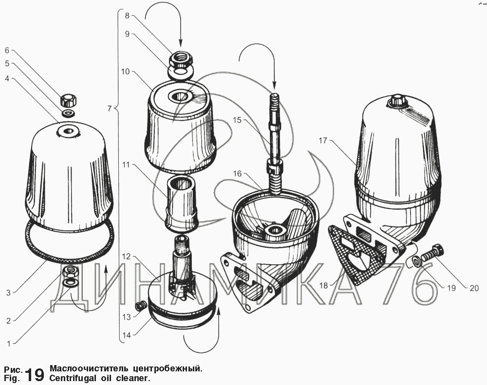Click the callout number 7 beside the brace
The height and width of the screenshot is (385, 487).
109,109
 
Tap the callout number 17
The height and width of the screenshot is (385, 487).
323,141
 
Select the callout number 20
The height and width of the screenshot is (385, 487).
474,289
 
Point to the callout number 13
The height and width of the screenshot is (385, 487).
127,317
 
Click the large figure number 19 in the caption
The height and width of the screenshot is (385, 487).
35,374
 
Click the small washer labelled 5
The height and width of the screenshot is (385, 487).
68,113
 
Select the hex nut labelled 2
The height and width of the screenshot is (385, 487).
71,272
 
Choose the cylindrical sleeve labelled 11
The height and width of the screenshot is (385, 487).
182,203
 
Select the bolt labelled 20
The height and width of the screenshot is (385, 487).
432,252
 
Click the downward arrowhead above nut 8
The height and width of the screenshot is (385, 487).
181,44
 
